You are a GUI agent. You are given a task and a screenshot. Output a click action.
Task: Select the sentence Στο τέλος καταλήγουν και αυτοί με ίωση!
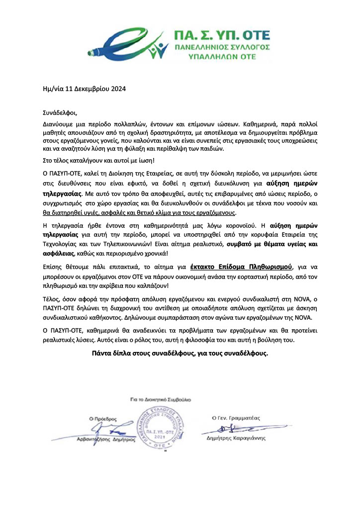(98, 160)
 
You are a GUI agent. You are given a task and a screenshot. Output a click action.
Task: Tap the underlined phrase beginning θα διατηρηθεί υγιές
(139, 213)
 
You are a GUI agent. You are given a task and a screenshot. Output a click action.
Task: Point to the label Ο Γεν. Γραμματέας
(236, 418)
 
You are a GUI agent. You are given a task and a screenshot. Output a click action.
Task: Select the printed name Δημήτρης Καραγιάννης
(236, 438)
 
